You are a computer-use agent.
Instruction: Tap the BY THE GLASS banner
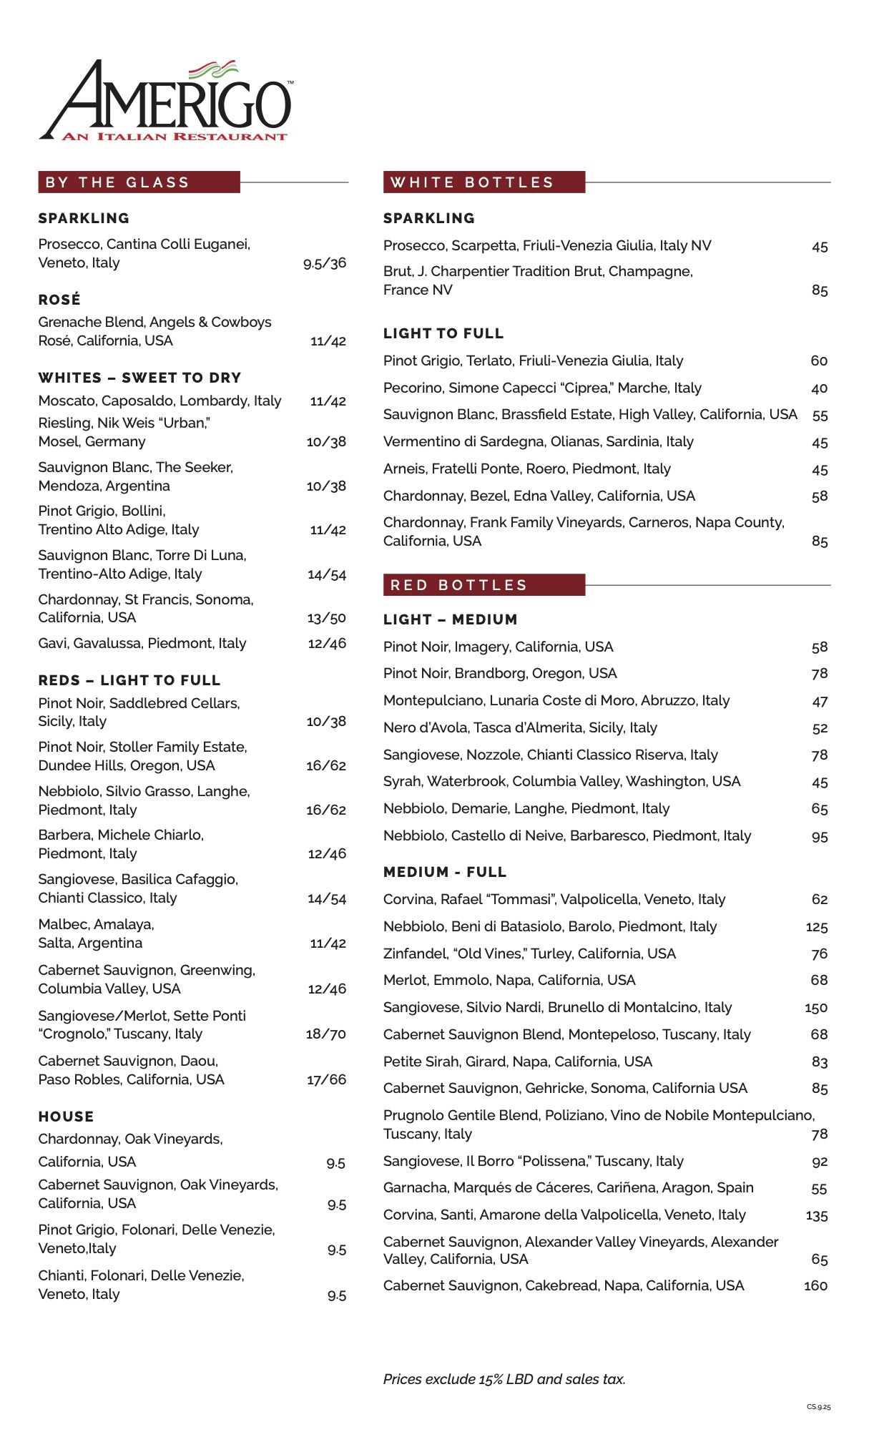139,182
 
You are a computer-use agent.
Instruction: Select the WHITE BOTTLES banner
483,182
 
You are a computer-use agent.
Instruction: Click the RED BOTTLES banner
483,585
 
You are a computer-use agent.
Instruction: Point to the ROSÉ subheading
59,300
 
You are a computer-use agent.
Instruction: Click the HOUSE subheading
66,1117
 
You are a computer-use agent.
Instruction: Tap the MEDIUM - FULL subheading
444,872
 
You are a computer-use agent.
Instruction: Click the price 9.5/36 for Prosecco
324,263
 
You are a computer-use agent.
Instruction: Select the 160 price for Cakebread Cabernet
815,1286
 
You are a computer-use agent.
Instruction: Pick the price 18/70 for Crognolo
325,1034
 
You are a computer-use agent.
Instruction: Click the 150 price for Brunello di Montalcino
815,1008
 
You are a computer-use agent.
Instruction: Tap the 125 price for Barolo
816,927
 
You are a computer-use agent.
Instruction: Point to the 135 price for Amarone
816,1215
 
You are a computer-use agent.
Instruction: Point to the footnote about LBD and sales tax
504,1379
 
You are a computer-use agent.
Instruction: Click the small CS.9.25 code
819,1407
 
